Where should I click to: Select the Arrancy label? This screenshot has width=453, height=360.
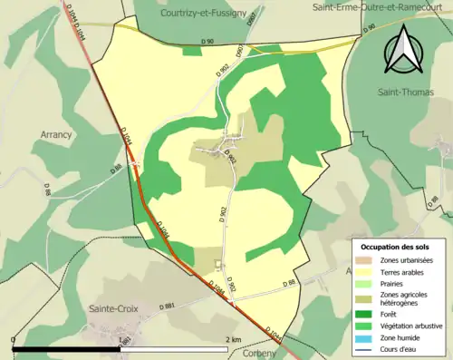pyautogui.click(x=57, y=134)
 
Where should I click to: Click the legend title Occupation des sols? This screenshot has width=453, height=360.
pyautogui.click(x=399, y=246)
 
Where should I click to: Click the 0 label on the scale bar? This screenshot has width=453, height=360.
pyautogui.click(x=14, y=339)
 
